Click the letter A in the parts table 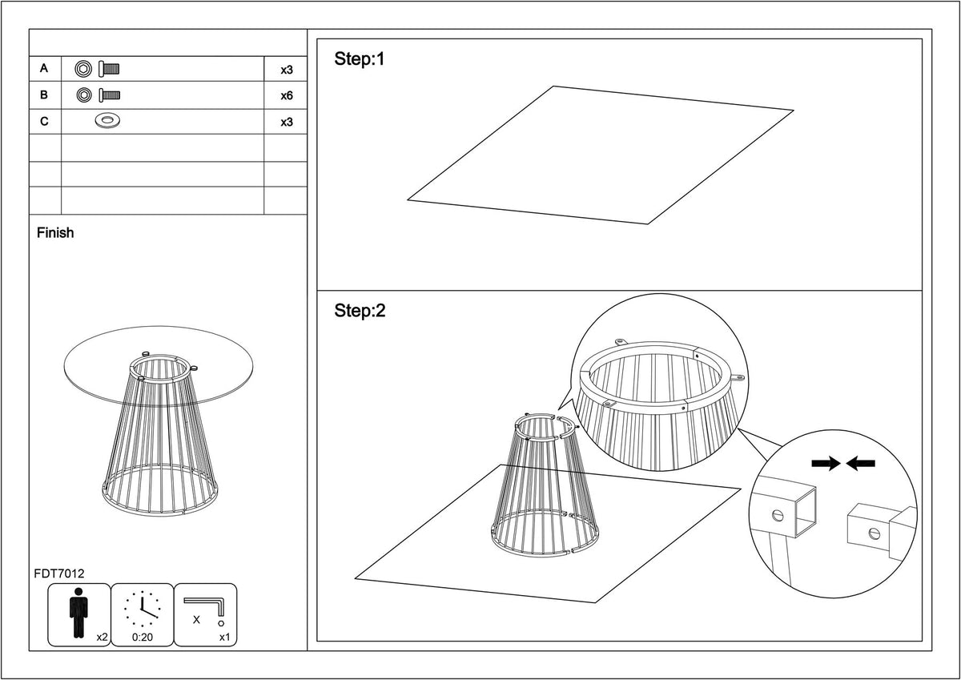coord(44,68)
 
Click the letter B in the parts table coord(44,95)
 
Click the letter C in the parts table coord(44,122)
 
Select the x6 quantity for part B coord(287,95)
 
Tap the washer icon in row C coord(107,121)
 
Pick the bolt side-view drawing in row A coord(109,69)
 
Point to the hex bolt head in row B coord(84,95)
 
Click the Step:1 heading coord(360,58)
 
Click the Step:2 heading coord(360,311)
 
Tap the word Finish coord(55,232)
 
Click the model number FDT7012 coord(59,573)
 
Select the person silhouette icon coord(78,613)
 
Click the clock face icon coord(143,609)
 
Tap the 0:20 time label coord(143,638)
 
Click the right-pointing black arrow coord(826,463)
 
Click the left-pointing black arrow coord(861,463)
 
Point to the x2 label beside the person coord(103,637)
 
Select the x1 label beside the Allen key coord(225,637)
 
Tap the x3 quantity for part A coord(287,70)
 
